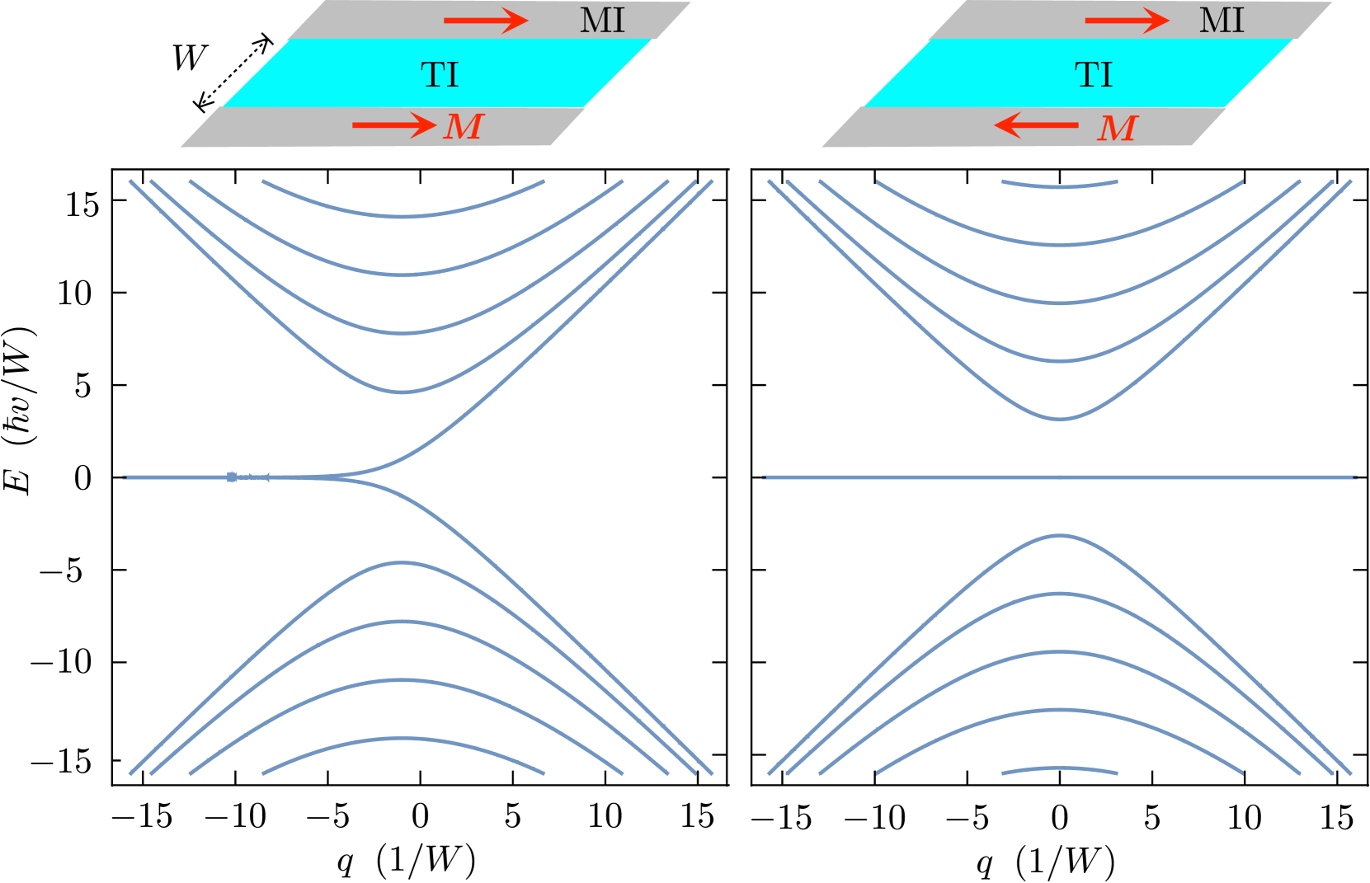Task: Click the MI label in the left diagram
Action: [x=602, y=21]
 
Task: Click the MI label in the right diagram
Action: [x=1221, y=21]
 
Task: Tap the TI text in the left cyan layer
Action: [x=439, y=75]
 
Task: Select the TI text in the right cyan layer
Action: [x=1094, y=75]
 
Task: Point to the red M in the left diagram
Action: [x=464, y=127]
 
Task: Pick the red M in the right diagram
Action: [x=1118, y=129]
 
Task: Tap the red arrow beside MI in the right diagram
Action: [x=1126, y=21]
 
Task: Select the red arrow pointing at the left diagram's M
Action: [x=393, y=125]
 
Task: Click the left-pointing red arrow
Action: [x=1036, y=125]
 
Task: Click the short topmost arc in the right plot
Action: [x=1060, y=186]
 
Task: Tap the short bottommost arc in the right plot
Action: [x=1060, y=769]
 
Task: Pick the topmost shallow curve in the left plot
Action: [x=403, y=215]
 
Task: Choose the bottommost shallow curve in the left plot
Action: [x=403, y=739]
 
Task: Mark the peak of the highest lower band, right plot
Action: [x=1060, y=536]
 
